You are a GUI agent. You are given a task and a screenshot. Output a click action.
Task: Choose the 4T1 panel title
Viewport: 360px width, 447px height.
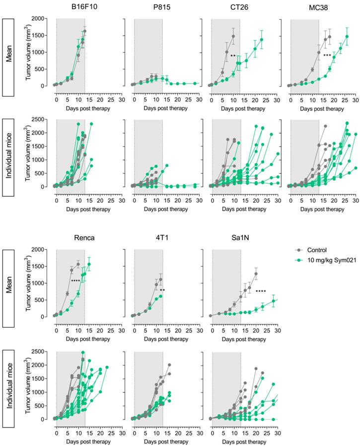(148, 237)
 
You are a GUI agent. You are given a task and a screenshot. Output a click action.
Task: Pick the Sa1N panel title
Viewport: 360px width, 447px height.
(226, 237)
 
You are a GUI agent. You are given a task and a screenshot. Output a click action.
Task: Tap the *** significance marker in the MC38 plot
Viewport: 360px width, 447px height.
(327, 55)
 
